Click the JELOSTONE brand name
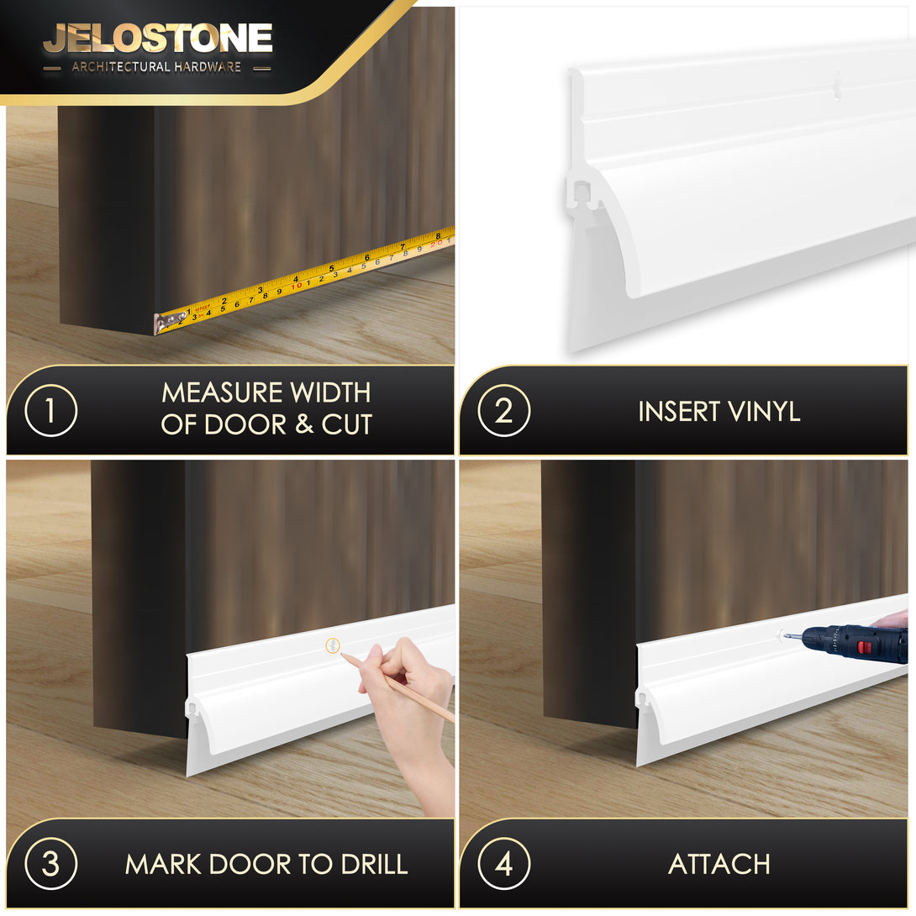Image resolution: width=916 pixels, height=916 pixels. (x=158, y=39)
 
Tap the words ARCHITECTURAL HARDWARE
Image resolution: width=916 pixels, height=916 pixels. (x=156, y=67)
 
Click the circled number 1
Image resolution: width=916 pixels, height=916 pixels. (x=50, y=410)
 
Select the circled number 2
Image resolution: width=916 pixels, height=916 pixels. (x=503, y=410)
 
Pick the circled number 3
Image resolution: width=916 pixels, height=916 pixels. (x=50, y=863)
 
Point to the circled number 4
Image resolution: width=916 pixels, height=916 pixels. (x=503, y=863)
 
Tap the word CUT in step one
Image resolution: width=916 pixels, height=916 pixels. (x=347, y=424)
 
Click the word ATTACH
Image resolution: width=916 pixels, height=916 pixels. (x=719, y=864)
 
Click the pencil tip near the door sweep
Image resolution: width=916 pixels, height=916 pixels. (x=342, y=654)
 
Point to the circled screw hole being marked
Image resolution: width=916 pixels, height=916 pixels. (x=333, y=645)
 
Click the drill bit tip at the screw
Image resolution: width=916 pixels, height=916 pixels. (x=785, y=635)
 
